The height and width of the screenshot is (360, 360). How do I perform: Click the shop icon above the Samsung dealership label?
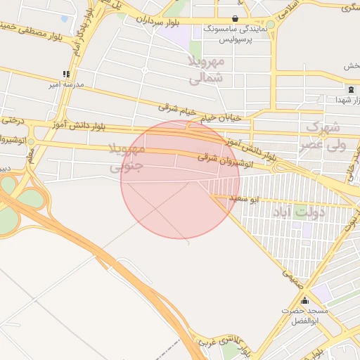(x=235, y=18)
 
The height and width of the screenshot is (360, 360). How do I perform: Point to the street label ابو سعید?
(x=246, y=200)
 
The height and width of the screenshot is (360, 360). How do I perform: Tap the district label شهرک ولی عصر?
(x=324, y=136)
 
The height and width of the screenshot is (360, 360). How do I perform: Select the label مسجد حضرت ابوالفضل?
(x=304, y=315)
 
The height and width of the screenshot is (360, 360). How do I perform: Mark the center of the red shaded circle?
(x=180, y=179)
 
